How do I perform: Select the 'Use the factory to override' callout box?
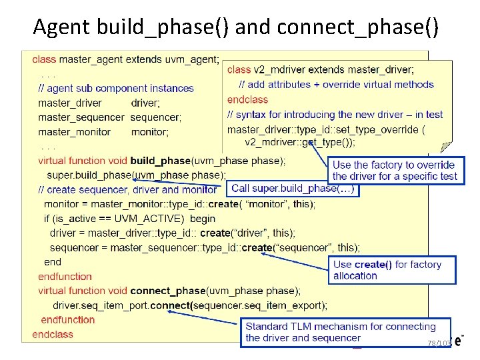tap(395, 171)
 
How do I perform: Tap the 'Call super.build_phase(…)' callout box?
tap(294, 189)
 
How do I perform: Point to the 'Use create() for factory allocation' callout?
tap(391, 270)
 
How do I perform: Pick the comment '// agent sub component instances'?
tap(116, 88)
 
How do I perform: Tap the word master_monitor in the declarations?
tap(74, 132)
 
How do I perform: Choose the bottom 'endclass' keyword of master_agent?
tap(53, 334)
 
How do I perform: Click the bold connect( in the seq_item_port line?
tap(172, 305)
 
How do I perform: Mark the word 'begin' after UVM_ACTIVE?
tap(203, 219)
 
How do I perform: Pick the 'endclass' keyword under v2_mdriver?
tap(247, 99)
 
